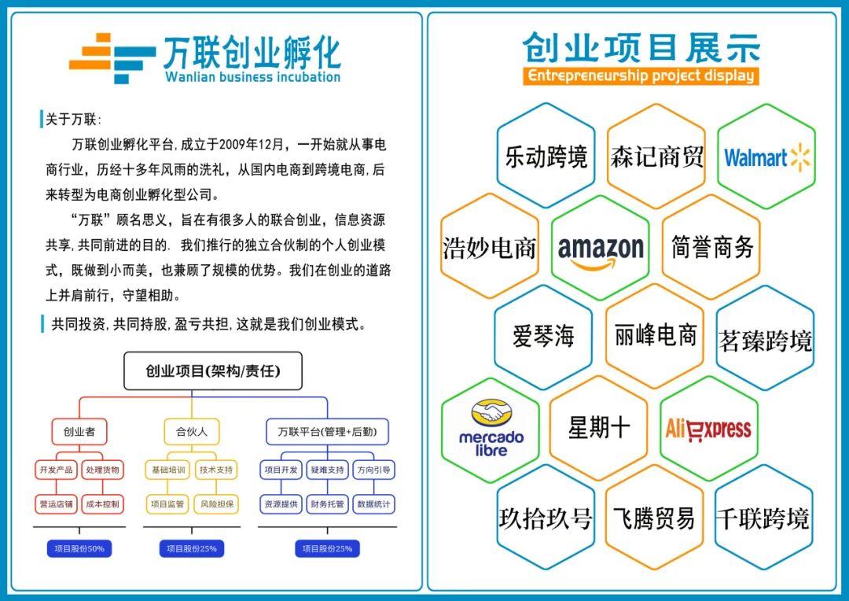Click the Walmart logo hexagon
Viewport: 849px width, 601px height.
766,157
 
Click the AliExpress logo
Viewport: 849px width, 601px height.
708,429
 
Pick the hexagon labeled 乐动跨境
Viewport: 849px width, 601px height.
546,157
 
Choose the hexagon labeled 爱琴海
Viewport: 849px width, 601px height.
543,337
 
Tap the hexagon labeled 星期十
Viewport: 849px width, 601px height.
599,428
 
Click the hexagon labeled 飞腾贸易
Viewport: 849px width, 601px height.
654,518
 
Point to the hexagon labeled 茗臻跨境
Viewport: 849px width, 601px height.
765,340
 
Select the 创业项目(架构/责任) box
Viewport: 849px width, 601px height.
212,371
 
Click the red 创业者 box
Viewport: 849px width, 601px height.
79,431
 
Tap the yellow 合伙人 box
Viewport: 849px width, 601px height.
191,431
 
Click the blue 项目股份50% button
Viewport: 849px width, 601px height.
79,548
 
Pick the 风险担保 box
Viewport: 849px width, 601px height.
216,504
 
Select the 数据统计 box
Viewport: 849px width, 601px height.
374,504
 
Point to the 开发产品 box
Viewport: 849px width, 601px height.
55,470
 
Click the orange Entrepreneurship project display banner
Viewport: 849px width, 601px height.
641,76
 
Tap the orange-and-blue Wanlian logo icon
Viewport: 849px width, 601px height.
112,57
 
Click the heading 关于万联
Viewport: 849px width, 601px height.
72,120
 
